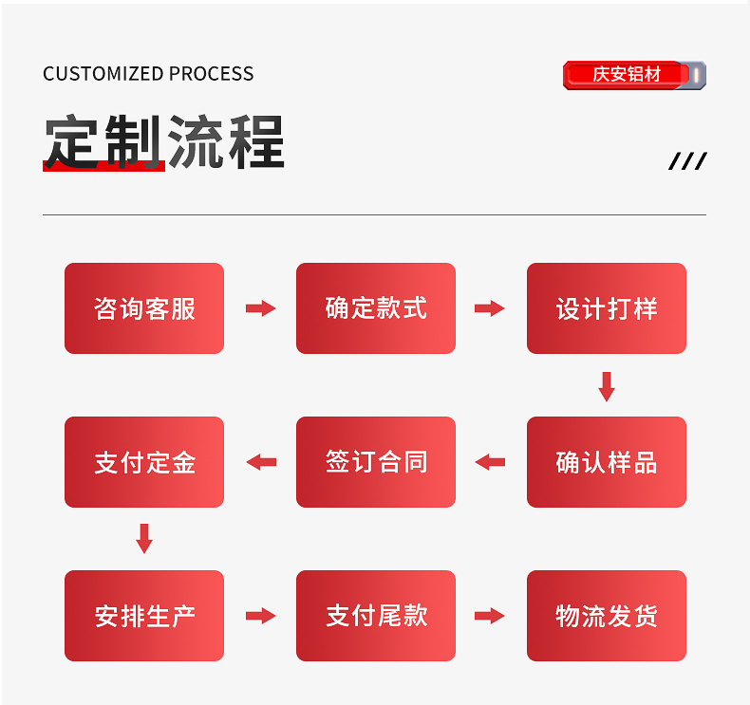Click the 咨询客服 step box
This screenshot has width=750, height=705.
(144, 308)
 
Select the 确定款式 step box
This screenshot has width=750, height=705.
(376, 308)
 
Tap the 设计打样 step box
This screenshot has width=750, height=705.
(607, 308)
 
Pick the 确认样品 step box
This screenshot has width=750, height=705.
(607, 462)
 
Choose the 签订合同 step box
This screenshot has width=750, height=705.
(376, 462)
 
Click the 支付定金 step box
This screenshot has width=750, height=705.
(144, 462)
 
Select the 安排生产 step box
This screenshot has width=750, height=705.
(144, 616)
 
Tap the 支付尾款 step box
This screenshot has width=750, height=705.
(376, 616)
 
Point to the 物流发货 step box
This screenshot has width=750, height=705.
(607, 616)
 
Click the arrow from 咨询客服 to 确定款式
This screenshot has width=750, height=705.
(260, 308)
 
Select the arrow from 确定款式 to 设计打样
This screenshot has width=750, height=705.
(490, 308)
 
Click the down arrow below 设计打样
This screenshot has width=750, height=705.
(607, 386)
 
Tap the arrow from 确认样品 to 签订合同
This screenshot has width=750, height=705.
(490, 462)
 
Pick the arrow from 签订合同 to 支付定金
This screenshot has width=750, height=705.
(260, 462)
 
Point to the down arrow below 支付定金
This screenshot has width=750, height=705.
(144, 539)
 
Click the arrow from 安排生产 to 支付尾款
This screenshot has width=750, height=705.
(260, 616)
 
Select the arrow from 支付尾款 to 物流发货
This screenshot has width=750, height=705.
(490, 616)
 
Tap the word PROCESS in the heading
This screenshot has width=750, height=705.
(212, 74)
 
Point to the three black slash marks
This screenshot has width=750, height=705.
(687, 161)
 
